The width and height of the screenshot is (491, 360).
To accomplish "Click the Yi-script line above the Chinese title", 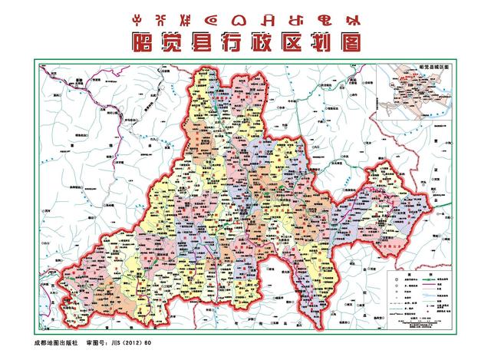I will click(245, 16).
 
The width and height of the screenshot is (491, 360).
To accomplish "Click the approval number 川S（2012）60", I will click(123, 343).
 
